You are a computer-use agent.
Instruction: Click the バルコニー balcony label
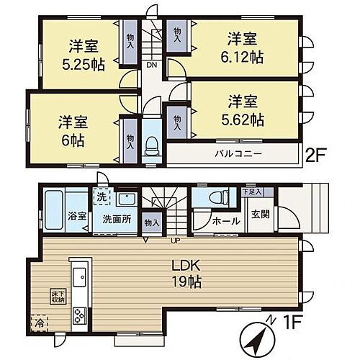pos(237,154)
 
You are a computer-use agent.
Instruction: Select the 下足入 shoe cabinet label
pos(251,192)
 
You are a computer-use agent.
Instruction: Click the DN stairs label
pos(152,65)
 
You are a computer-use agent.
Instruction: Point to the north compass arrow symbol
pos(256,338)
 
